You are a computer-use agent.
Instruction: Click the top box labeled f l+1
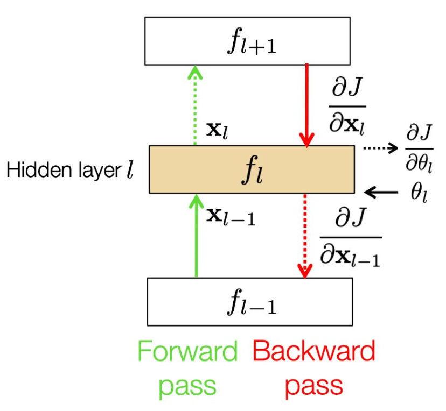point(247,41)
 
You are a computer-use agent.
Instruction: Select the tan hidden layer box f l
point(252,169)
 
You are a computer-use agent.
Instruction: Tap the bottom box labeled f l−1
point(249,301)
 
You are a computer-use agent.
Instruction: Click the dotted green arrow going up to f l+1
point(196,105)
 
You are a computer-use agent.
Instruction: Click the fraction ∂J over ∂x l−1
point(351,237)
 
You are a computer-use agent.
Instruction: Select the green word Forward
point(187,352)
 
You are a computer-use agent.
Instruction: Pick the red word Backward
point(313,352)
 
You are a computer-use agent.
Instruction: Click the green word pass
point(187,386)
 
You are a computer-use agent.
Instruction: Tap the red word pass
point(313,386)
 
